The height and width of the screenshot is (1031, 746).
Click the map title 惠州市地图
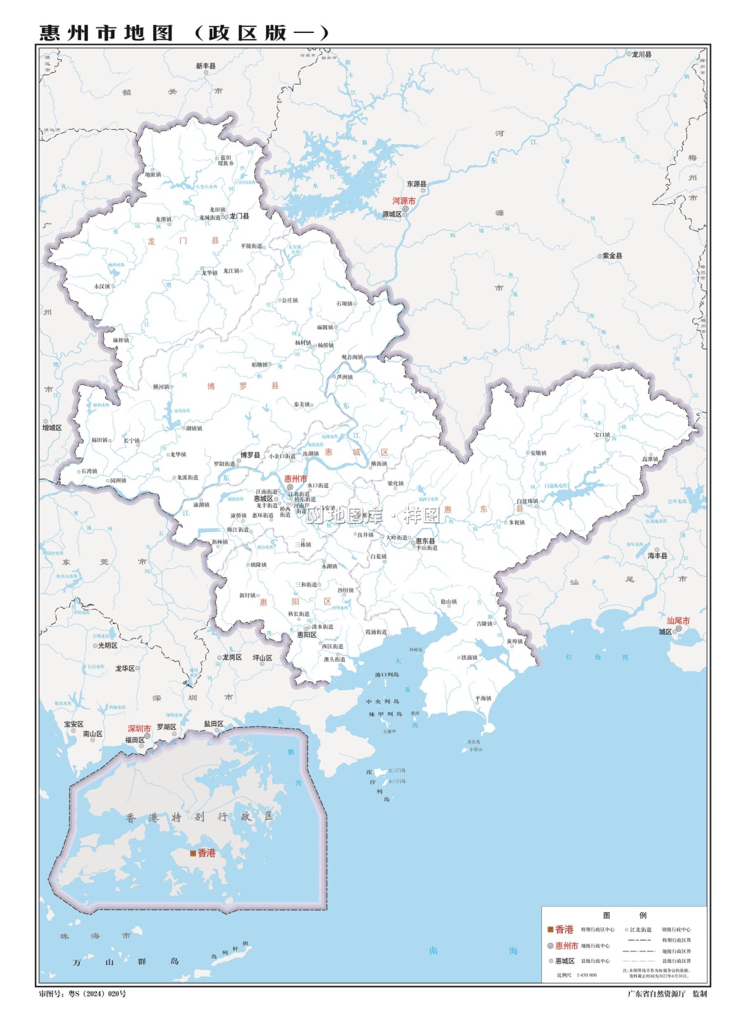106,33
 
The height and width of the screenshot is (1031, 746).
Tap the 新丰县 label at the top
205,66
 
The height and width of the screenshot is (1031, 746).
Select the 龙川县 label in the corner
642,54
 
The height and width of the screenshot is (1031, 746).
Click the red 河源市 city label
404,201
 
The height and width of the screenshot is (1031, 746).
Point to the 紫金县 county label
612,256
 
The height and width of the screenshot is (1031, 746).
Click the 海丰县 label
657,555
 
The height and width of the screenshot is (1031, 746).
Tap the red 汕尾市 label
678,621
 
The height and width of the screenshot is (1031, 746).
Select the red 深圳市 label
139,729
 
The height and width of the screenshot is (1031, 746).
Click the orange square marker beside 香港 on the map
194,853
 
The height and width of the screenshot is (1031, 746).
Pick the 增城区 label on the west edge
52,428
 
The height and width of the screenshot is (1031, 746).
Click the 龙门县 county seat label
239,216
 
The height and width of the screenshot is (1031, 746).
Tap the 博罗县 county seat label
250,455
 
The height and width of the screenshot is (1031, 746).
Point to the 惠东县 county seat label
425,541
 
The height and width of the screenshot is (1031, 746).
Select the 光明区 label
108,645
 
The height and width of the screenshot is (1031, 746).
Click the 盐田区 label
214,724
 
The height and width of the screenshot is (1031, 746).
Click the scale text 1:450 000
586,975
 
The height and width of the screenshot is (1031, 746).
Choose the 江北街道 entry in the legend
640,929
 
